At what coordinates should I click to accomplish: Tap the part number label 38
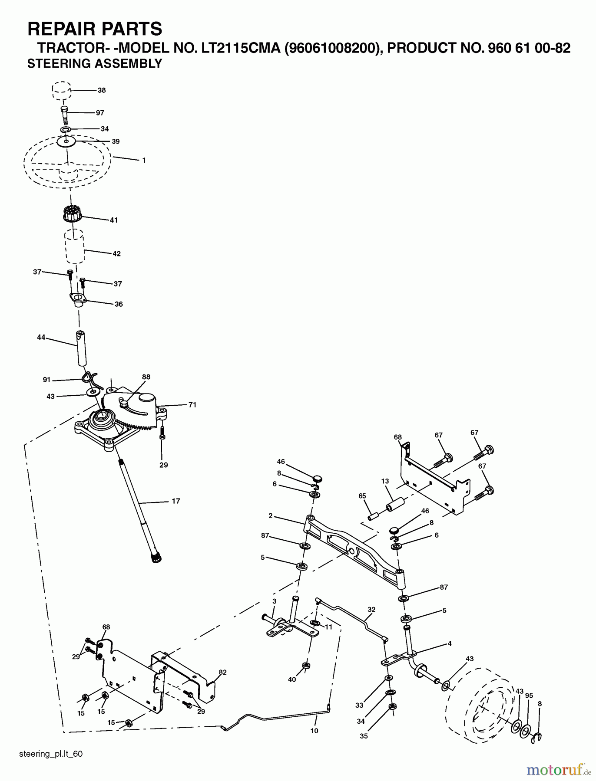tap(102, 91)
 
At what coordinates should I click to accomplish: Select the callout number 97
tap(100, 113)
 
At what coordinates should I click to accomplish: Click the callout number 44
tap(42, 337)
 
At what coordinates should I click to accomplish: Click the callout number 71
tap(192, 405)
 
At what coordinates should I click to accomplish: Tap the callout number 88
tap(146, 377)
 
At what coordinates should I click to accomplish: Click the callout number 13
tap(385, 481)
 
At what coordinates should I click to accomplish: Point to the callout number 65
tap(362, 496)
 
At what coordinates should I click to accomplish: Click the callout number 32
tap(371, 609)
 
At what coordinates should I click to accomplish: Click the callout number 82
tap(222, 672)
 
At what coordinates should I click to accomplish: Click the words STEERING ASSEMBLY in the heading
tap(95, 63)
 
